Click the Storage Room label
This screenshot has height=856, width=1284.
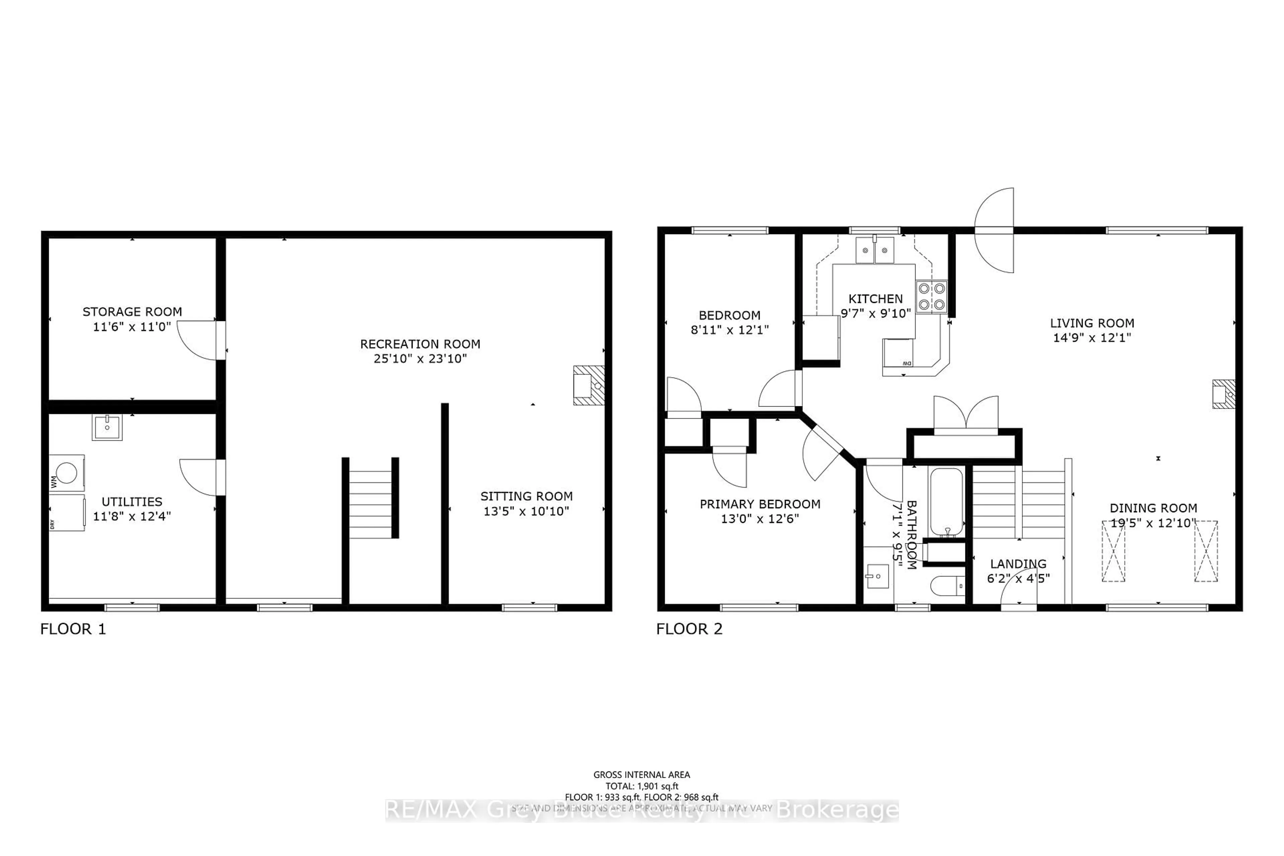point(132,312)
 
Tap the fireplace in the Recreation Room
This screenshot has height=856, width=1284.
point(588,386)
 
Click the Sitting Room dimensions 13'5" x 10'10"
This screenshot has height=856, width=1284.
point(526,511)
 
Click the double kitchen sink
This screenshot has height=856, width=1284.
point(875,250)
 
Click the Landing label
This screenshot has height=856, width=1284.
point(1018,563)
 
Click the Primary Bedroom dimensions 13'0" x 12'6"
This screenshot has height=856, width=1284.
point(760,519)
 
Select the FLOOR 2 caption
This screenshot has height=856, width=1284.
point(689,629)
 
